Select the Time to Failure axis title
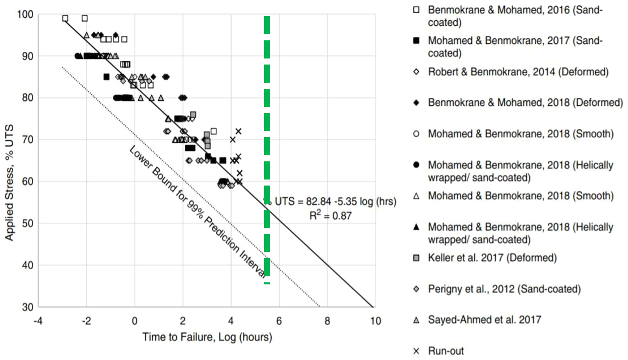point(207,337)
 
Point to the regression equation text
point(335,202)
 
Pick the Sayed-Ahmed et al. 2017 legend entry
point(484,319)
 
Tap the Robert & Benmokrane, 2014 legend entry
point(518,72)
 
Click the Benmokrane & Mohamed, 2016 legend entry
point(514,16)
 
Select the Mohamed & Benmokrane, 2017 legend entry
point(514,46)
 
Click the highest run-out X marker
point(238,131)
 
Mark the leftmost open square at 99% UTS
point(65,18)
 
